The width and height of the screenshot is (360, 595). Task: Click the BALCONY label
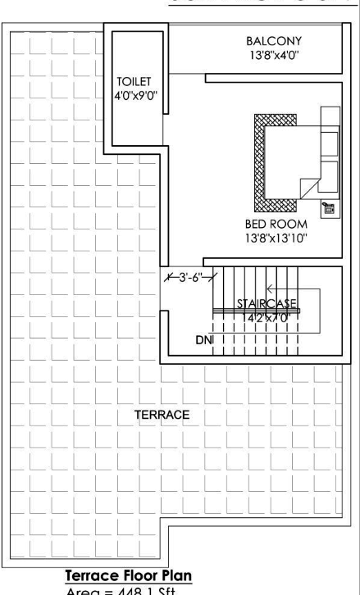[x=274, y=40]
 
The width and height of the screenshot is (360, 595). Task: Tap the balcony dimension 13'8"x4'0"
[x=274, y=56]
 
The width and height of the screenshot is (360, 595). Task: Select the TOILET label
[x=130, y=82]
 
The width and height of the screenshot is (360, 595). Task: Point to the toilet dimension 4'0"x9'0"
[x=130, y=96]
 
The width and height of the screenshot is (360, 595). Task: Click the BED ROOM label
[x=276, y=224]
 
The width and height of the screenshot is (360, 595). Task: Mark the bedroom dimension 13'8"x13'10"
[x=276, y=238]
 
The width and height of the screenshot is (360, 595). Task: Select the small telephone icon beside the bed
[x=328, y=208]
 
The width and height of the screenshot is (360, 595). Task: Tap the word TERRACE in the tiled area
[x=162, y=416]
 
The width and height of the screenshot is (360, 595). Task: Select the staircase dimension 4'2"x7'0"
[x=267, y=317]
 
